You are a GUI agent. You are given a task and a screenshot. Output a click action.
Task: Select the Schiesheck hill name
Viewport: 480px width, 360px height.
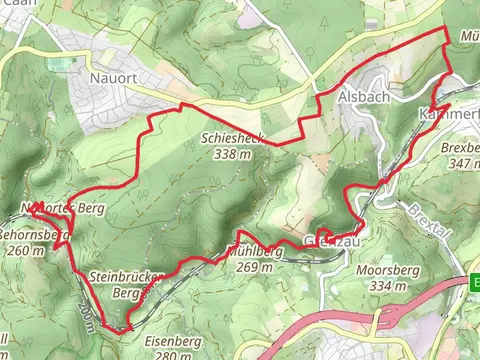(231, 139)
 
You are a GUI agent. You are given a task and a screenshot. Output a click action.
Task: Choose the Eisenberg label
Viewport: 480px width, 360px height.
(168, 339)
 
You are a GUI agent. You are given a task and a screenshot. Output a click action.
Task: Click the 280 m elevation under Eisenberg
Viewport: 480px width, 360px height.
(168, 353)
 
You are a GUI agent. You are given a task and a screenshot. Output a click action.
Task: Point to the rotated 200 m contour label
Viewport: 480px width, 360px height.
(90, 317)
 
